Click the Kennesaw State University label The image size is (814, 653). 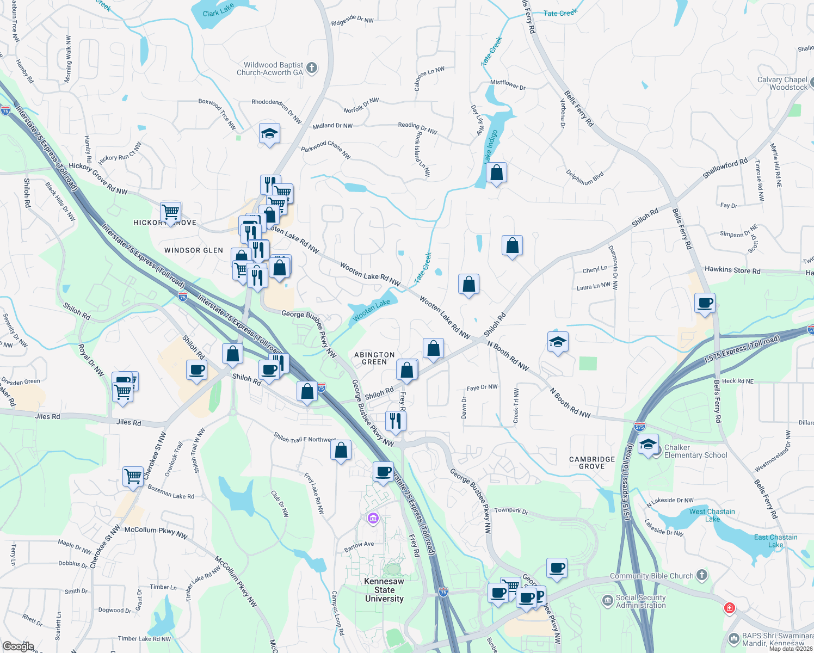[384, 590]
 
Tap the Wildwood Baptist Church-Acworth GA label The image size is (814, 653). [270, 69]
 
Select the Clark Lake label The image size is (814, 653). [218, 10]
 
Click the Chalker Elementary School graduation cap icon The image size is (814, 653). [647, 444]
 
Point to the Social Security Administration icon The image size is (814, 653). [607, 601]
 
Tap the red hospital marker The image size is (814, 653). [730, 608]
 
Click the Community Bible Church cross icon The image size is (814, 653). [702, 575]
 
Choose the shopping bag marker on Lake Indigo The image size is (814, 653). [496, 173]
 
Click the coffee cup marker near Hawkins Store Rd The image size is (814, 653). [705, 303]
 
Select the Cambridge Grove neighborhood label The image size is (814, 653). [592, 463]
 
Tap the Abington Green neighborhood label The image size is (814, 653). [374, 358]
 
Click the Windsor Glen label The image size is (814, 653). [194, 250]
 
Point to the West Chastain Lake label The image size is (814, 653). [712, 515]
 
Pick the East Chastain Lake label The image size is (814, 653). [775, 540]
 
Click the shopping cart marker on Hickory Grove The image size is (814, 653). [171, 211]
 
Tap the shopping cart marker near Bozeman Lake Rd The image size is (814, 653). [133, 476]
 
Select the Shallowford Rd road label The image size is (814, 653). [725, 168]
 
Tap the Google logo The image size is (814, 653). [18, 646]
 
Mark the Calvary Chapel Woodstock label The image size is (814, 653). [782, 83]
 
